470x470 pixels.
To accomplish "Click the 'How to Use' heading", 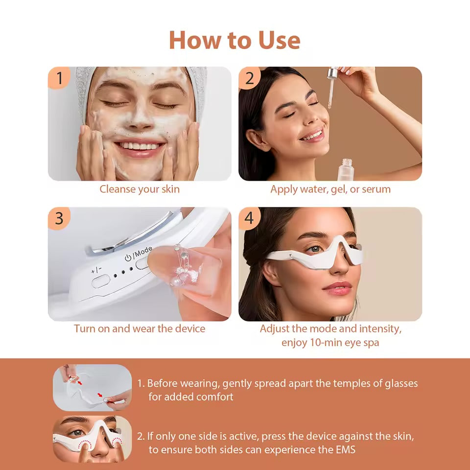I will pyautogui.click(x=235, y=40).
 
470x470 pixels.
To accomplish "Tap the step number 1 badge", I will pyautogui.click(x=59, y=78).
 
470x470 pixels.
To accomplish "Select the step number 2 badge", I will pyautogui.click(x=250, y=78).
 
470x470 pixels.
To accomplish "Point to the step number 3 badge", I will pyautogui.click(x=59, y=218).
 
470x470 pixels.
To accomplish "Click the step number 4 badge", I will pyautogui.click(x=250, y=218).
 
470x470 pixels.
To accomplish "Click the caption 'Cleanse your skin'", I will pyautogui.click(x=140, y=189).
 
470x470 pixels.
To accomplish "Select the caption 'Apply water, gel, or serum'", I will pyautogui.click(x=330, y=189).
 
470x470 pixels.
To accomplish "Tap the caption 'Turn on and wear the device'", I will pyautogui.click(x=140, y=329).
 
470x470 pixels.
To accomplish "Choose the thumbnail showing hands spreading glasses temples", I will pyautogui.click(x=92, y=387).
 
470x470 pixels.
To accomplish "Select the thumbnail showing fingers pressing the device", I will pyautogui.click(x=92, y=439).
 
